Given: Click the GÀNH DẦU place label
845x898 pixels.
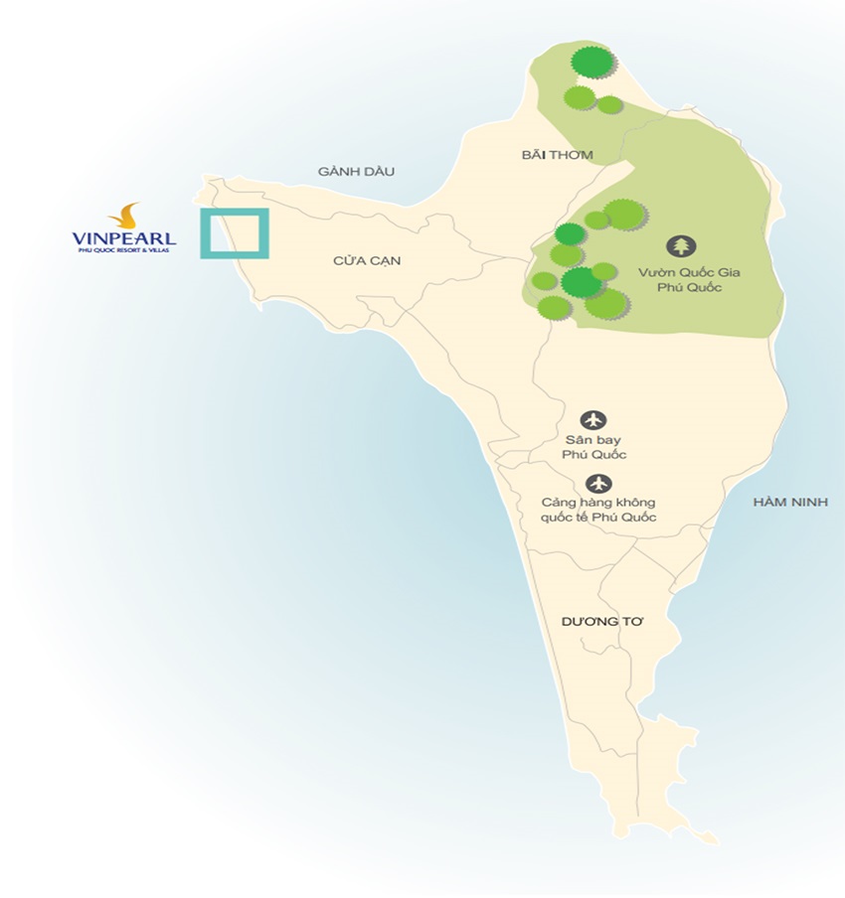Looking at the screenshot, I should [x=357, y=172].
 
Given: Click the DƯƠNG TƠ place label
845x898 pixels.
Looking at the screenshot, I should [x=603, y=620].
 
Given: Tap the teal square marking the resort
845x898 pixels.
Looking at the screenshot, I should [x=235, y=233].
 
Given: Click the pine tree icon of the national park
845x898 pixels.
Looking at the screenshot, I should [x=682, y=245].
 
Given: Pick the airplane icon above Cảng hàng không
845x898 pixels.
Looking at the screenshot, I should [x=598, y=484].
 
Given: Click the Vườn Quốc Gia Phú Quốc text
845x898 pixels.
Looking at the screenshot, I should [x=682, y=278].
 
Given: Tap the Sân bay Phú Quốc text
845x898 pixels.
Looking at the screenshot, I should [x=594, y=447].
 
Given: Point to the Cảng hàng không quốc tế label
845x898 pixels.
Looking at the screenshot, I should [x=598, y=511].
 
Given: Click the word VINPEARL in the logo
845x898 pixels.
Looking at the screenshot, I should [x=124, y=238].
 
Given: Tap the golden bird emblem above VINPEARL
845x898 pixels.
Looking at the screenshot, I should [x=124, y=216].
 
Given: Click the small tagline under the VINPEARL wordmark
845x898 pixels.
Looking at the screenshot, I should [x=124, y=251].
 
